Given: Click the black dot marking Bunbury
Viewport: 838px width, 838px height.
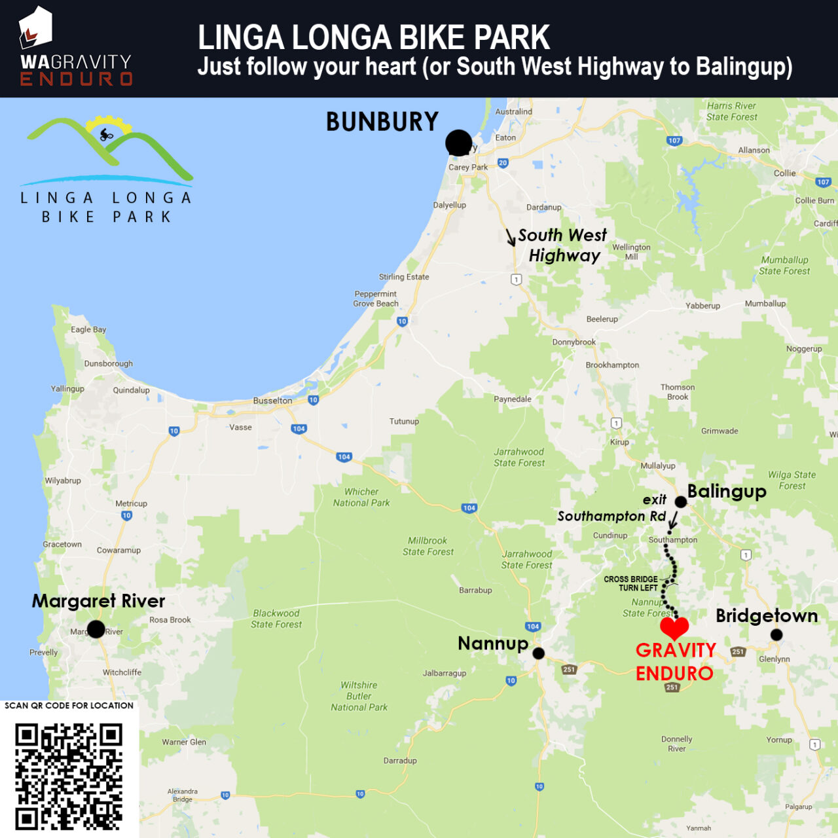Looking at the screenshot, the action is (458, 142).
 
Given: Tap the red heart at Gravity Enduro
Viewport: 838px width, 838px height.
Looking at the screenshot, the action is (674, 627).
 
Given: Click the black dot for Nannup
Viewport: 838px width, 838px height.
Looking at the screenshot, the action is (538, 653).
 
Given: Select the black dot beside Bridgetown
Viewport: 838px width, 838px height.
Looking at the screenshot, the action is (776, 634).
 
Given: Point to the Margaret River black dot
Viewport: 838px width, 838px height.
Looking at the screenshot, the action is (96, 629).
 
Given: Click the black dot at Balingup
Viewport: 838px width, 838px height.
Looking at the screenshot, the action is (681, 502).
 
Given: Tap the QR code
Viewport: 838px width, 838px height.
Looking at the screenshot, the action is (69, 775).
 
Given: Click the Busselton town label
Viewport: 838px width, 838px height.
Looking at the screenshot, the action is (272, 401).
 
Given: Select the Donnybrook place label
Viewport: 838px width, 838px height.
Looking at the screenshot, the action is (574, 342).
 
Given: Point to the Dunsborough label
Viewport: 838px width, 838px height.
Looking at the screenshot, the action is (108, 363).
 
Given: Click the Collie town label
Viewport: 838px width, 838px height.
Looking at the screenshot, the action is (784, 173).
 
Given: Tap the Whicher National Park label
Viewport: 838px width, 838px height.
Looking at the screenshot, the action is (361, 498).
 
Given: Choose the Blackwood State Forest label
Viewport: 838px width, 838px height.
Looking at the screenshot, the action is (276, 619).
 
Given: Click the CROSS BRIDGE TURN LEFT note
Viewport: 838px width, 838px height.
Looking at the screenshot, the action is (630, 583).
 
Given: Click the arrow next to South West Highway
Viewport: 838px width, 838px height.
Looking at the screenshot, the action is (511, 237).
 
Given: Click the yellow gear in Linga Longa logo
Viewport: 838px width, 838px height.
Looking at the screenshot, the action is (108, 125).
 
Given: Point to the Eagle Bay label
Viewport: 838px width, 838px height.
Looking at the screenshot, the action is (88, 329).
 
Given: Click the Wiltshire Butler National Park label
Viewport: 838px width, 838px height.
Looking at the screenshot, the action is (359, 696).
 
